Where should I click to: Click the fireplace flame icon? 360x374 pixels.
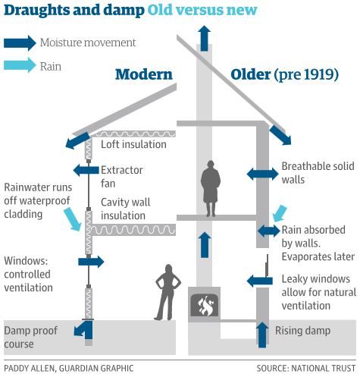pos(204,305)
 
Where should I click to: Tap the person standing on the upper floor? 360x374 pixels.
pos(211,188)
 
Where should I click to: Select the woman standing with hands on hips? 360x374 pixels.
pos(167,292)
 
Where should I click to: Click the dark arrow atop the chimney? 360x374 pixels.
pos(204,38)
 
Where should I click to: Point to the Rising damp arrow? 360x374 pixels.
pos(262,335)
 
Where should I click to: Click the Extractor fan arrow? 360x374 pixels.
pos(86,170)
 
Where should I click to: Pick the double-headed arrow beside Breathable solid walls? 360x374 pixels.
pos(262,174)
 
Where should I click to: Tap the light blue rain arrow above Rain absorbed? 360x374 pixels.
pos(280,213)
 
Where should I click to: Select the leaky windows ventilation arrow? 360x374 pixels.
pos(260,281)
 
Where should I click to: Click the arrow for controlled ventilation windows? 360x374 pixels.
pos(91,262)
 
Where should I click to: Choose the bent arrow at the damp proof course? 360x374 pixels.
pos(84,330)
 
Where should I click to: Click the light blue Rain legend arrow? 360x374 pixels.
pos(20,65)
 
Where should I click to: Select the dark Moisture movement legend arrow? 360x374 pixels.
pos(20,43)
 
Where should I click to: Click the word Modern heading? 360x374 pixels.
pos(144,74)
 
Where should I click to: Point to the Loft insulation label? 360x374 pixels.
pos(133,144)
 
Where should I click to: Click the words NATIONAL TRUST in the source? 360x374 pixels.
pos(324,368)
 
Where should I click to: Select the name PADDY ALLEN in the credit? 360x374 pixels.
pos(30,368)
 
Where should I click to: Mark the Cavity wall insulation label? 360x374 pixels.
pos(126,209)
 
